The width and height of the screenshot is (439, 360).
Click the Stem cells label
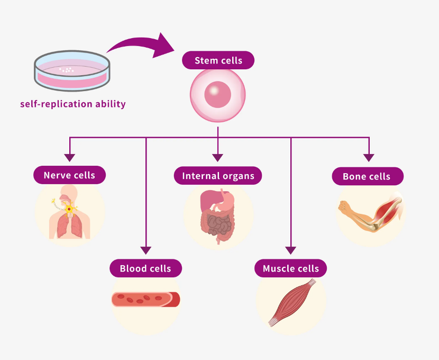(218, 60)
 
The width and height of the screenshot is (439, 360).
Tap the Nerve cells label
(69, 175)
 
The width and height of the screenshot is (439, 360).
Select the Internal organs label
(218, 176)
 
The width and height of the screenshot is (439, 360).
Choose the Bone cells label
(367, 176)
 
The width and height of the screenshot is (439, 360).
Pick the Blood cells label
(145, 268)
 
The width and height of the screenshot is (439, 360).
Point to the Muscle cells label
(290, 268)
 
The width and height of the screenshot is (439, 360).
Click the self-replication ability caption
(73, 104)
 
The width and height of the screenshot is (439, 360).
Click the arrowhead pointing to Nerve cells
(69, 157)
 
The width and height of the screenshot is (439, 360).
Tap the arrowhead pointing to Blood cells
(146, 250)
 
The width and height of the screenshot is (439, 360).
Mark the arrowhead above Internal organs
(218, 157)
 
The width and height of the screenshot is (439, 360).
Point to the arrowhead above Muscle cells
(290, 250)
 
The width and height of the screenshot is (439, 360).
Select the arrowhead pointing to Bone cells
(369, 157)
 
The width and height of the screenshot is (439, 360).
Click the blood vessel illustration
(145, 300)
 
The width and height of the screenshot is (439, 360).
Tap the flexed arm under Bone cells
(370, 212)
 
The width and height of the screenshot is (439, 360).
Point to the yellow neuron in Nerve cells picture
(69, 210)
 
